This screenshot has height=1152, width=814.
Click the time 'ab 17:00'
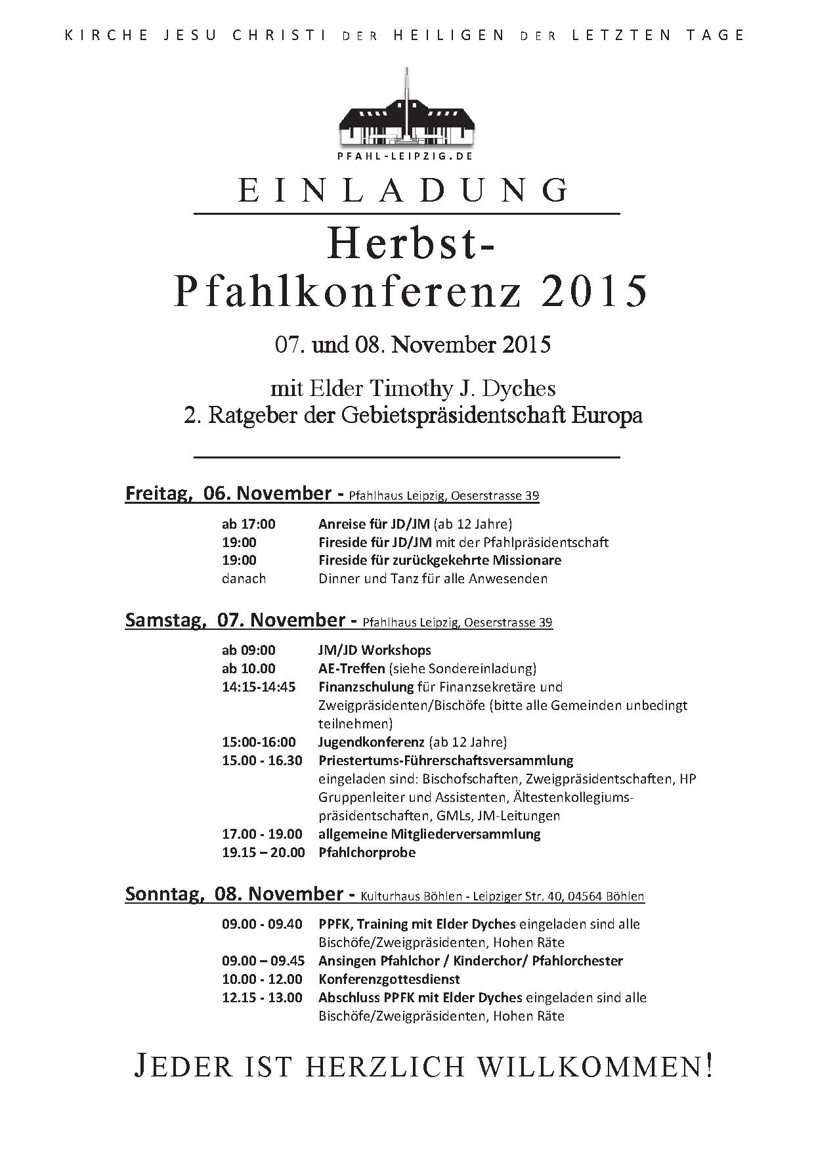click(249, 524)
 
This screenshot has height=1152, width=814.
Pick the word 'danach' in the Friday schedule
click(244, 579)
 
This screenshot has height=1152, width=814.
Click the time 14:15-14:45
click(259, 687)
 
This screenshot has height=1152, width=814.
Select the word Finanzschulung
click(366, 687)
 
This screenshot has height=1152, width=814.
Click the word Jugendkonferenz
click(372, 742)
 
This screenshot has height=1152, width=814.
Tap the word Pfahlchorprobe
click(367, 853)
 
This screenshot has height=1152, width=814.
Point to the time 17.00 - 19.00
click(262, 834)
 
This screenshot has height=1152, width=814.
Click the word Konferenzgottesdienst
click(389, 979)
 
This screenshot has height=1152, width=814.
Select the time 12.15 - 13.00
click(262, 998)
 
